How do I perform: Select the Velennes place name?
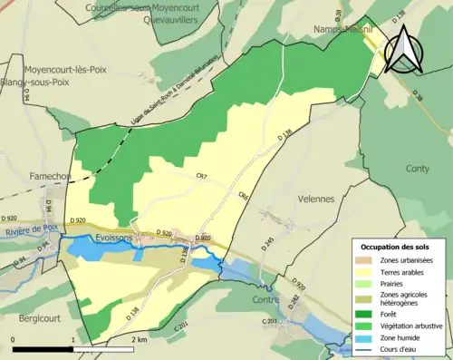click(x=315, y=199)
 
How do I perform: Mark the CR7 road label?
click(x=201, y=175)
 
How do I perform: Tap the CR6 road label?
click(x=244, y=195)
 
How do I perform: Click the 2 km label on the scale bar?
click(x=138, y=338)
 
